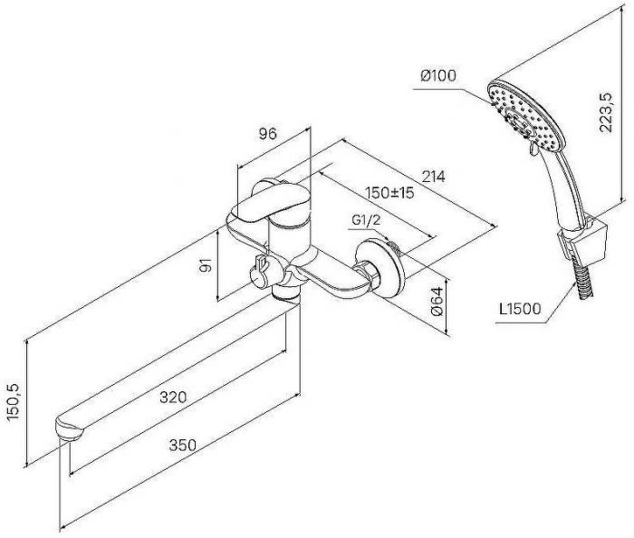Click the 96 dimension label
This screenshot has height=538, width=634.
(x=268, y=134)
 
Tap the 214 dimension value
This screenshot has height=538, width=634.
(x=433, y=177)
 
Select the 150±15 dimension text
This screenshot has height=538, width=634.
(x=389, y=193)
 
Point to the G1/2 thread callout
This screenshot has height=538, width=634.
(x=366, y=220)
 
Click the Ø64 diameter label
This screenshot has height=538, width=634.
(x=437, y=302)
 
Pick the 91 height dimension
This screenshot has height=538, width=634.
(x=207, y=265)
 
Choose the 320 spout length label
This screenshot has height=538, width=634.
(x=173, y=398)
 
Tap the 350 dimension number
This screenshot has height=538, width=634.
(x=183, y=446)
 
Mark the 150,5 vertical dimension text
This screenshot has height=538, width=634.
(x=14, y=402)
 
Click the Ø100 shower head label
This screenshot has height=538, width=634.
(x=437, y=75)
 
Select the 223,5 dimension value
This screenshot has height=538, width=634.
(x=606, y=112)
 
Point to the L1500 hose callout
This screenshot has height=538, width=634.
(x=520, y=309)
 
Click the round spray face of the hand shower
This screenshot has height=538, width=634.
(x=524, y=117)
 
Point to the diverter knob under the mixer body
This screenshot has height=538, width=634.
(x=259, y=270)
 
